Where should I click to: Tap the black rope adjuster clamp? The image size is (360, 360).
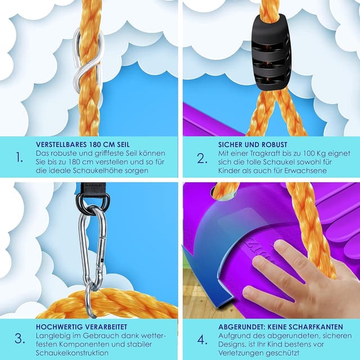pos(271,52)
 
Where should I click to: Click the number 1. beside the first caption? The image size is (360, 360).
pos(20,157)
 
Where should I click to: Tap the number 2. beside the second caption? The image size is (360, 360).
pos(202,159)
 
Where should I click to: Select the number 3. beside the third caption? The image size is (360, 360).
pos(20,339)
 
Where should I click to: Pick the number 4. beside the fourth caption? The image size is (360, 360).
pos(202,340)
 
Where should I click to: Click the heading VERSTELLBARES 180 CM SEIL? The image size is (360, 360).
pos(83,145)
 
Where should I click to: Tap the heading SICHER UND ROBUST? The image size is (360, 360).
pos(253,145)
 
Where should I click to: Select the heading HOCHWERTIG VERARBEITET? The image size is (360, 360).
pos(82,327)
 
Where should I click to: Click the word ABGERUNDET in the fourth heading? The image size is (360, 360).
pos(241,327)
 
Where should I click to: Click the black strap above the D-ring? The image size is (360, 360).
pos(91,189)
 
